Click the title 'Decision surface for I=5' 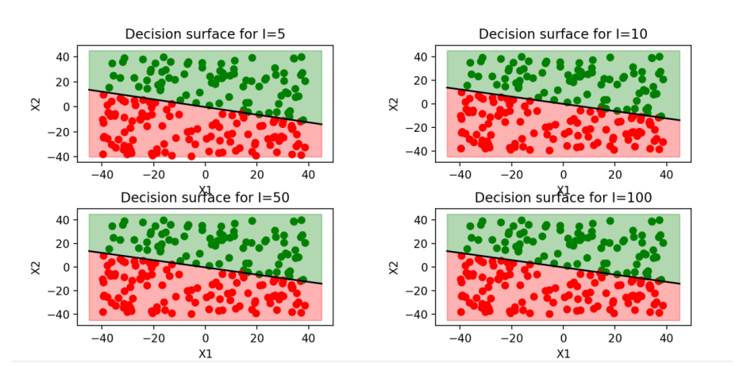coord(205,33)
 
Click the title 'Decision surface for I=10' coord(563,33)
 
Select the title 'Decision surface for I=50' coord(205,197)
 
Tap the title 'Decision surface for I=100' coord(563,197)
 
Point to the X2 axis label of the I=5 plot coord(37,103)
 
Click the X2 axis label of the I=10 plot coord(395,103)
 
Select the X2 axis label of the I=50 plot coord(37,267)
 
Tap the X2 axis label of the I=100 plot coord(395,267)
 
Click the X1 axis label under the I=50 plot coord(205,353)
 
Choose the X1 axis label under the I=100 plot coord(563,353)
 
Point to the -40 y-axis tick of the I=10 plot coord(418,151)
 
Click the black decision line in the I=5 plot coord(205,106)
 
